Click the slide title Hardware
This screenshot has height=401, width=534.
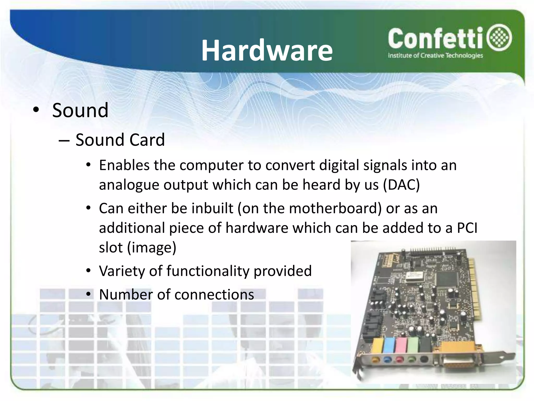tap(267, 50)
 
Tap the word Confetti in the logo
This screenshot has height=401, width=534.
tap(435, 39)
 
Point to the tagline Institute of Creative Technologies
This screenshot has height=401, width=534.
tap(435, 56)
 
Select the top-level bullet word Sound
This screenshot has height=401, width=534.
tap(80, 110)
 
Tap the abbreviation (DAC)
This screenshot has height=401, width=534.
tap(401, 185)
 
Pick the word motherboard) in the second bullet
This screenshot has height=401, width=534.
tap(335, 208)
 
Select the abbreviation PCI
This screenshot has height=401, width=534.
tap(467, 228)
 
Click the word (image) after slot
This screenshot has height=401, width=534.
tap(151, 247)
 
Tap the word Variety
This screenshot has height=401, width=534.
tap(122, 271)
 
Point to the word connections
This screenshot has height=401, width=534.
tap(214, 294)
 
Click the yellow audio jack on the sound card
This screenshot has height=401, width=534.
tap(375, 360)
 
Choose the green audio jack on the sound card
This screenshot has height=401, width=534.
tap(412, 360)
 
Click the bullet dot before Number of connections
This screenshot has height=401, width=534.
tap(89, 294)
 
